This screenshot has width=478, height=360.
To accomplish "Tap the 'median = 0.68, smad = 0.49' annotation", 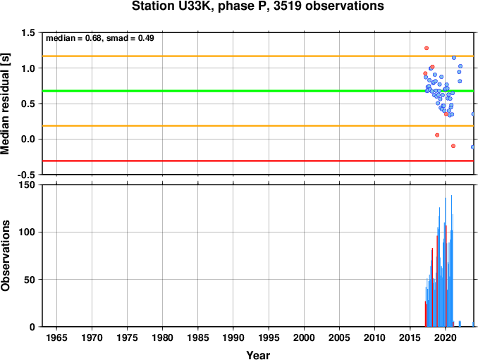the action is [x=100, y=38].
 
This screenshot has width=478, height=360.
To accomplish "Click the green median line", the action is [x=258, y=91].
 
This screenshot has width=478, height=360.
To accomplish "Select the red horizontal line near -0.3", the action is [x=258, y=161].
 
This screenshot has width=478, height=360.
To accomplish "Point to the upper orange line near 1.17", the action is [x=258, y=56].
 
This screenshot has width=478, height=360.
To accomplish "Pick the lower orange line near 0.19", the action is [x=258, y=126].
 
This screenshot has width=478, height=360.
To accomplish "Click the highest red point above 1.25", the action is [x=427, y=48].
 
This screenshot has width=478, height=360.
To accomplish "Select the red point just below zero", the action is [x=453, y=146].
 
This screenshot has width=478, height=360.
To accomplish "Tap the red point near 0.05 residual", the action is [x=437, y=135].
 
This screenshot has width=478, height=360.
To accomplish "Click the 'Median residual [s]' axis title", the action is [x=5, y=104].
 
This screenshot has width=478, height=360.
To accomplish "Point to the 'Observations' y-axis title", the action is [x=5, y=256].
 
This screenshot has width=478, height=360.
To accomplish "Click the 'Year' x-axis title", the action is [x=258, y=355].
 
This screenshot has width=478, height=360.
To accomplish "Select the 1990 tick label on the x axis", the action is [x=233, y=337].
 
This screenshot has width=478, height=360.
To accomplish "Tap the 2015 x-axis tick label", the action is [x=410, y=337].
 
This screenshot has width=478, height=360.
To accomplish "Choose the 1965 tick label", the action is [x=56, y=337].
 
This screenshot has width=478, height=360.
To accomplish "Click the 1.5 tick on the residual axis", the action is [x=28, y=32].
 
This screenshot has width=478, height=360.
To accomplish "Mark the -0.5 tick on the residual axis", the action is [x=26, y=175].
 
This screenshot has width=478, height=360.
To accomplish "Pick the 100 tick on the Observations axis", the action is [x=27, y=232].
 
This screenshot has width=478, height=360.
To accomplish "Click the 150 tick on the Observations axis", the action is [x=27, y=185].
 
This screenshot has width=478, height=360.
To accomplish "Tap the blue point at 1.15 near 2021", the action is [x=454, y=58].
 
